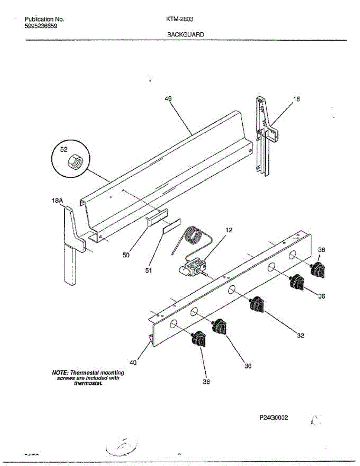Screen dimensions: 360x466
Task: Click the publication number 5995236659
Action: coord(42,26)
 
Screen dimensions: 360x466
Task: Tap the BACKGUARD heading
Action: coord(185,34)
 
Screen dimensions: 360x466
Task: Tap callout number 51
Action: coord(148,271)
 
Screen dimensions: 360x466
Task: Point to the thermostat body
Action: coord(192,268)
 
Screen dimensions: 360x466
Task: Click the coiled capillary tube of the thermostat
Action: coord(192,236)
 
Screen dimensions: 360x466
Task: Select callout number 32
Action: coord(300,336)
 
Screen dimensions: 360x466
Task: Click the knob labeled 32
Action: coord(257,304)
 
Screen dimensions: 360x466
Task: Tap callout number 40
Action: coord(133,363)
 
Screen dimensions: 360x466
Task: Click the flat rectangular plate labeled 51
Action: coord(171,226)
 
